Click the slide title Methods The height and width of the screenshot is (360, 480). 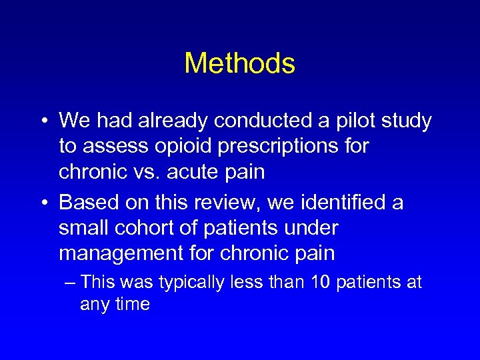[239, 63]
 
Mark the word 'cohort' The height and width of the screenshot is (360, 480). [142, 228]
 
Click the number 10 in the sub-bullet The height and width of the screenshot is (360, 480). [320, 283]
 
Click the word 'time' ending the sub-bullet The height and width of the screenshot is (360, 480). [132, 305]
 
